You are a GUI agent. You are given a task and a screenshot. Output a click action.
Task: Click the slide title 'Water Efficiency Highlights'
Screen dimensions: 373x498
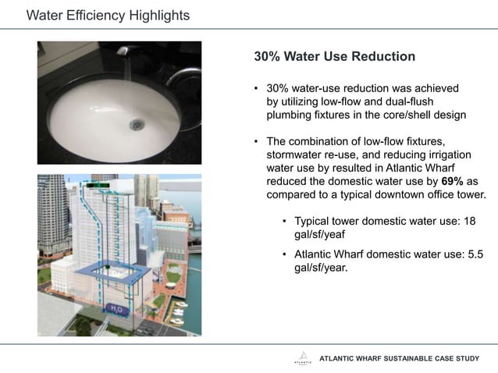[x=108, y=16]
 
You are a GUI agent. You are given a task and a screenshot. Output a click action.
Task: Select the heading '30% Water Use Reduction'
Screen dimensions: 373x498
[x=334, y=57]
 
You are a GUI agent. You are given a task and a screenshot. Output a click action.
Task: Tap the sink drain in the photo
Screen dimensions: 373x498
[x=137, y=123]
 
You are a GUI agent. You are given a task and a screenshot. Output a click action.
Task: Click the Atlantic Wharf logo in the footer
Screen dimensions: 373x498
[x=302, y=358]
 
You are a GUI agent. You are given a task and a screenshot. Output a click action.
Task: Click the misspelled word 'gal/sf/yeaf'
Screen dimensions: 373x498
[x=320, y=234]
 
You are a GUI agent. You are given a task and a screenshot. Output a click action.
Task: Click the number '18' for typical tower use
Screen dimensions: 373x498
[x=469, y=221]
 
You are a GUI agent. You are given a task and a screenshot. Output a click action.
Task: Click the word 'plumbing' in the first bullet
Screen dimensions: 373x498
[x=290, y=115]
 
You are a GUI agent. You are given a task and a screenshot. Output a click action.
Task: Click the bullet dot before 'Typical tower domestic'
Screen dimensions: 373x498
[x=285, y=221]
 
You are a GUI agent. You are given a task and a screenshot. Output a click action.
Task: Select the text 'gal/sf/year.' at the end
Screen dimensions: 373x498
[x=321, y=267]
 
